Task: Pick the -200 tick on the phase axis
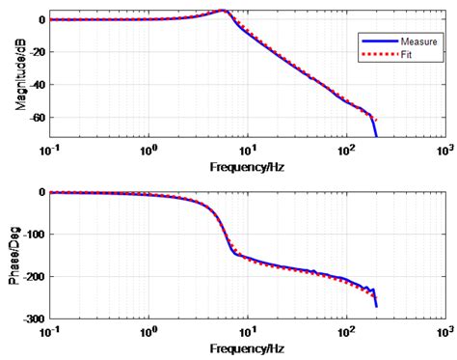coord(38,277)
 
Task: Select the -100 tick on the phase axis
coord(38,235)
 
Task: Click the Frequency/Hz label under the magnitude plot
coord(248,166)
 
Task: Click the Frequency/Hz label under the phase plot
coord(248,350)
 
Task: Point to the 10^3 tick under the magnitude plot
coord(444,152)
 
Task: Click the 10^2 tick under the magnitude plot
coord(345,152)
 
